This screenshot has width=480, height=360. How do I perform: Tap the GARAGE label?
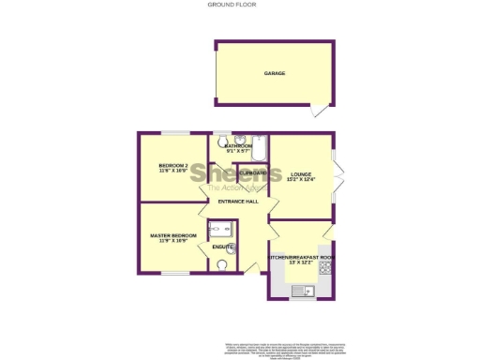(x=274, y=73)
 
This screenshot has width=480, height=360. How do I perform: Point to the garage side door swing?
(x=322, y=111)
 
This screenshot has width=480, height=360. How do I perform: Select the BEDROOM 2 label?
(x=173, y=166)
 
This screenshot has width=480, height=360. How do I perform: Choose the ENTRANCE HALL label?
(x=238, y=202)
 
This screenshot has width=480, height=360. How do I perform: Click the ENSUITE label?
(x=223, y=247)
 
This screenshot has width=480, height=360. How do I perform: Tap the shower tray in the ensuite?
(x=223, y=229)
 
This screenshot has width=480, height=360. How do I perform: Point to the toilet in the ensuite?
(x=222, y=265)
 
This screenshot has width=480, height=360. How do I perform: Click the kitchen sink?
(x=302, y=292)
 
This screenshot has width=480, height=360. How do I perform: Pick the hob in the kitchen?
(x=326, y=268)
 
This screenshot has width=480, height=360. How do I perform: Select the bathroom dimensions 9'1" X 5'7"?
(x=238, y=152)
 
